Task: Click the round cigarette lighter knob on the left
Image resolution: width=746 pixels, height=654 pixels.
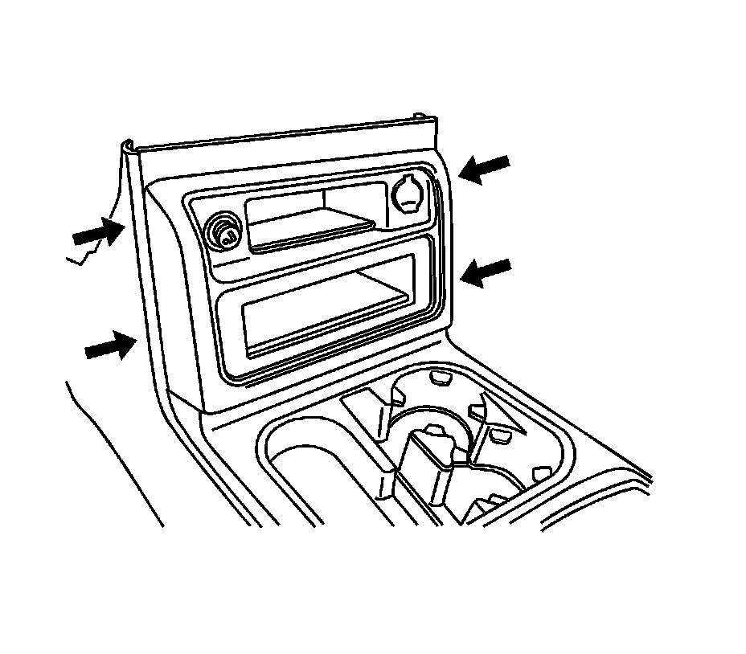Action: point(223,232)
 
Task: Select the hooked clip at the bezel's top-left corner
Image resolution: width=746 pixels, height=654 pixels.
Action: point(129,147)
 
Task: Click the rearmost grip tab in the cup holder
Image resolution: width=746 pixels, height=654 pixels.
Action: point(440,376)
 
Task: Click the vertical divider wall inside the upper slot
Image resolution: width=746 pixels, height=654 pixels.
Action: point(322,202)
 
